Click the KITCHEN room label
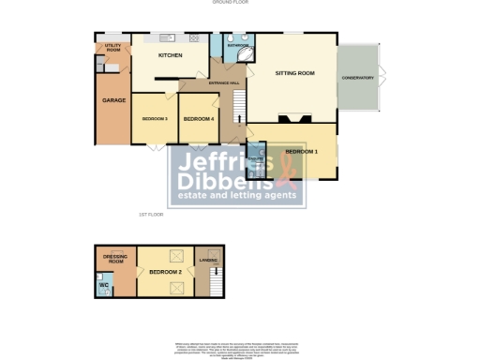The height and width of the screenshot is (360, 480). (170, 56)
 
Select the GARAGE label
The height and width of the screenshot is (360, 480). (114, 100)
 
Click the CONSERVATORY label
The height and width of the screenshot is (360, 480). (357, 78)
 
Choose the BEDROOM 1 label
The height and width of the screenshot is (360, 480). (302, 151)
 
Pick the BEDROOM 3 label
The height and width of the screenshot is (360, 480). (154, 119)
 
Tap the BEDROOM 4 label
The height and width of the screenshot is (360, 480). (199, 119)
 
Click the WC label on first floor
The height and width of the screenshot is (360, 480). (105, 285)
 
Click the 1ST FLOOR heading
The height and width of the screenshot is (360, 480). (151, 215)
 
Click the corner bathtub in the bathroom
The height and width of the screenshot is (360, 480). (246, 53)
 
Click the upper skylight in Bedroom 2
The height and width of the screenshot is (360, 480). (174, 254)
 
